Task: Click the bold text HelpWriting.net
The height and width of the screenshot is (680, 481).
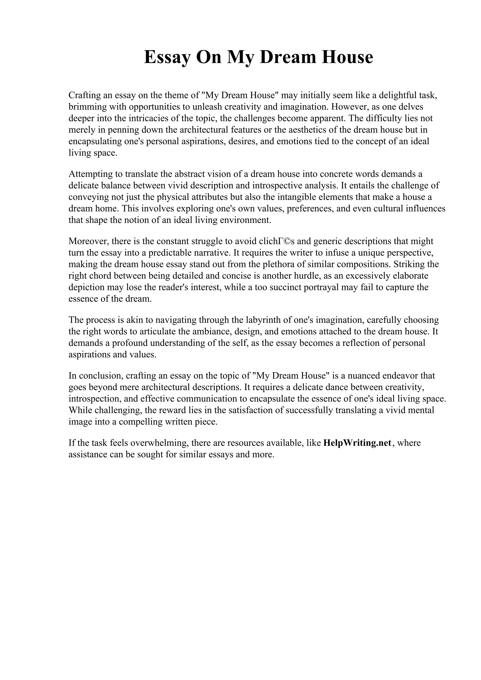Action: [x=357, y=443]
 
